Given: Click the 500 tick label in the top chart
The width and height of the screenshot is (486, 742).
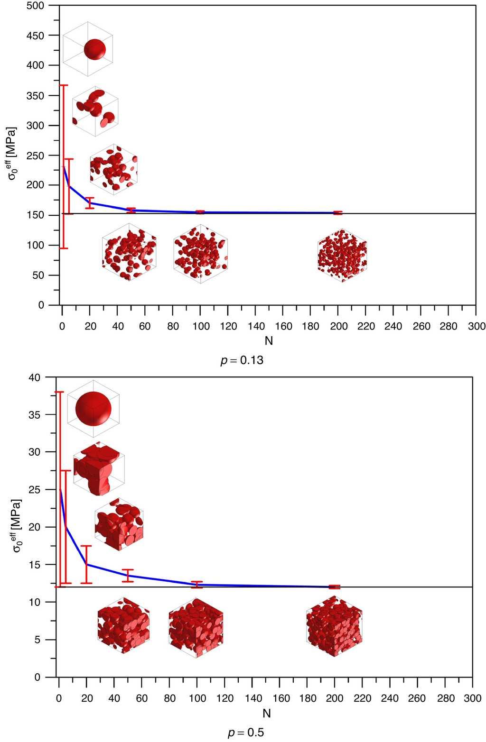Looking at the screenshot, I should [x=36, y=6].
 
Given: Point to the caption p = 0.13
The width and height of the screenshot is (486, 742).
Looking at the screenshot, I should [x=242, y=360].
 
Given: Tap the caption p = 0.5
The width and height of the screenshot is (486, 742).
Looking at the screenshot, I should [x=245, y=733].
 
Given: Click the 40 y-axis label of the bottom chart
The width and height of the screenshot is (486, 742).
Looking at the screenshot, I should [x=36, y=377].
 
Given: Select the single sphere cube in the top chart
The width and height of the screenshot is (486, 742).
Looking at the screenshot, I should [x=88, y=49].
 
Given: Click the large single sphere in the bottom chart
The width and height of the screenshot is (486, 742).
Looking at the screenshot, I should [x=93, y=408].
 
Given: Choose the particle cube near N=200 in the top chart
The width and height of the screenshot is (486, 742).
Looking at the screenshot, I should [x=342, y=256].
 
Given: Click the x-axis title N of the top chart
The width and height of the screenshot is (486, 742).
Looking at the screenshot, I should [x=269, y=340].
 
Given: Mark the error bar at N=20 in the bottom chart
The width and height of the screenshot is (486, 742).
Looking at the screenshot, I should [x=86, y=564].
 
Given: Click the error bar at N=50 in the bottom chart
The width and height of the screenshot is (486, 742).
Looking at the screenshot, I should [x=127, y=576].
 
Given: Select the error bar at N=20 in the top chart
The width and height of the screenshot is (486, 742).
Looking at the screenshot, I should [x=89, y=202].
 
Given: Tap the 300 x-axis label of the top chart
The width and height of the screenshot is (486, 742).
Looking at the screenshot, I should [x=476, y=326].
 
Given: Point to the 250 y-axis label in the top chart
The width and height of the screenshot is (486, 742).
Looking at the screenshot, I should [x=36, y=156].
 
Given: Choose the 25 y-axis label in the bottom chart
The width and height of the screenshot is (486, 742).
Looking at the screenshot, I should [x=37, y=490].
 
